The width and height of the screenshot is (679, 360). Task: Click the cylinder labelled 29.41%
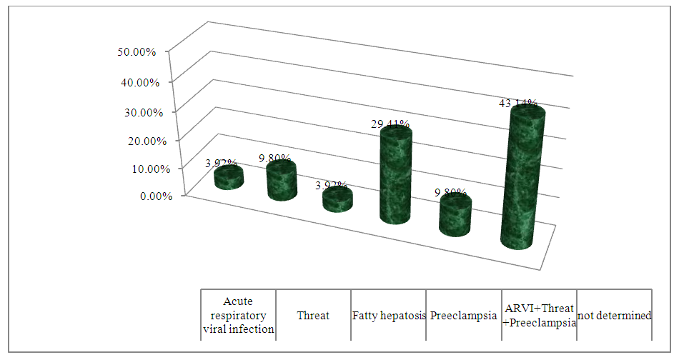pos(395,175)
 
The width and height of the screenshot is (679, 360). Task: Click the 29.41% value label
pos(390,124)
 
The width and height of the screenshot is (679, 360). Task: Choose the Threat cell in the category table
pos(313,315)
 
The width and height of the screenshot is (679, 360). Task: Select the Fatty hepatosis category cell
pos(388,315)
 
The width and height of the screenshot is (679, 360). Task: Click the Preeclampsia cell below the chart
pos(463,315)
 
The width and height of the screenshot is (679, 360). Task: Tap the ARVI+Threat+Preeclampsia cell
pos(538,315)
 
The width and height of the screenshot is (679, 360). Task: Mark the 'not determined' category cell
pos(614,315)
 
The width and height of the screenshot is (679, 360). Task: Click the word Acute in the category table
pos(238,301)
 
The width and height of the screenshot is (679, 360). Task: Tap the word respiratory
pos(238,315)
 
